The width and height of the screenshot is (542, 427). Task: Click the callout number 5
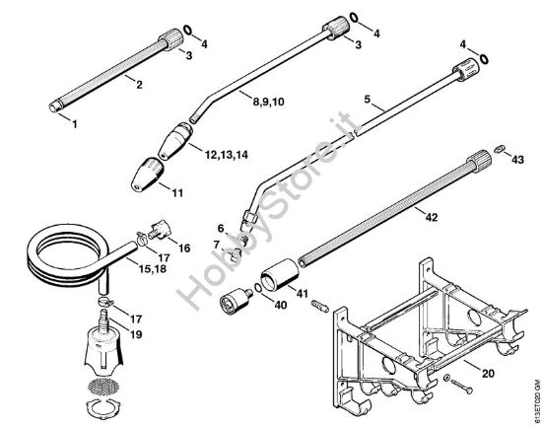[x=367, y=100]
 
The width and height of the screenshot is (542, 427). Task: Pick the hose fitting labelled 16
[x=154, y=234]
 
